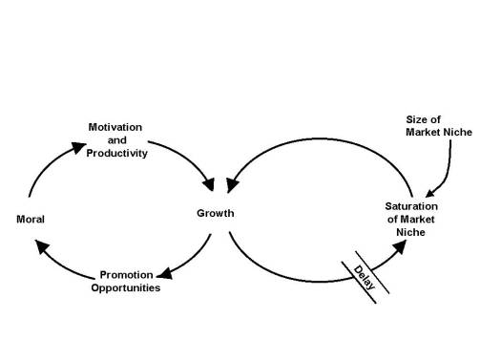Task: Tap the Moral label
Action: [31, 220]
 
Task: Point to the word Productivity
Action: [118, 154]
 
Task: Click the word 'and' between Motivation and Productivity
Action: [117, 140]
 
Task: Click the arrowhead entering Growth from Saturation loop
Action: [232, 179]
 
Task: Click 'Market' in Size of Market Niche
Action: [424, 131]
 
